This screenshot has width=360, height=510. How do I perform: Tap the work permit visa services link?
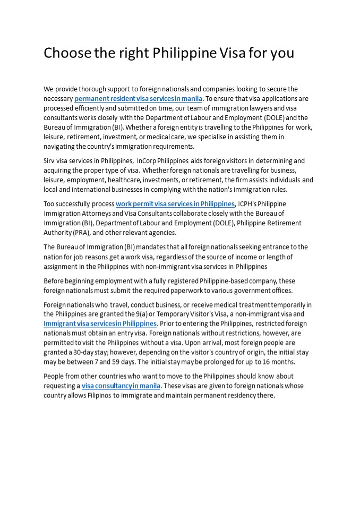pyautogui.click(x=175, y=203)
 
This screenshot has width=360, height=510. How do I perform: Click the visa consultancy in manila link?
pyautogui.click(x=121, y=386)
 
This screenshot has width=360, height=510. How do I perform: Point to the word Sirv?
pyautogui.click(x=49, y=160)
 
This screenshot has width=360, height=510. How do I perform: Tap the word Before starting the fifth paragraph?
pyautogui.click(x=55, y=280)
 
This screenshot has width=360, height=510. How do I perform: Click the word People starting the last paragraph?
pyautogui.click(x=55, y=376)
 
